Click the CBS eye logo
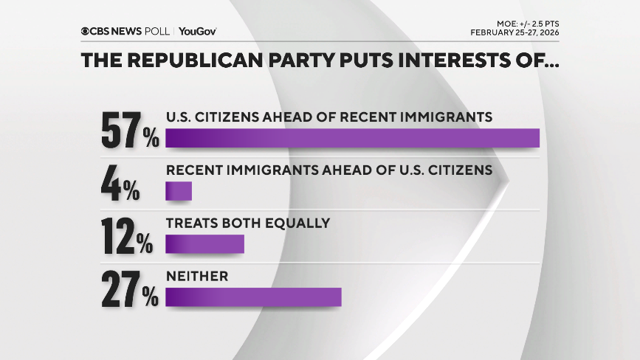pyautogui.click(x=86, y=31)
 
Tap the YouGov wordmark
pyautogui.click(x=197, y=31)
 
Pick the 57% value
pyautogui.click(x=130, y=131)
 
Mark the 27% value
pyautogui.click(x=130, y=291)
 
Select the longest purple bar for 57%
pyautogui.click(x=352, y=138)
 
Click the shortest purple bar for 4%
pyautogui.click(x=179, y=191)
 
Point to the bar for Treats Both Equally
pyautogui.click(x=204, y=244)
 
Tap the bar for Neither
pyautogui.click(x=253, y=297)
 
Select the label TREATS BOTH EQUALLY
pyautogui.click(x=247, y=223)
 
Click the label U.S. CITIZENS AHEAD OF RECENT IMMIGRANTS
pyautogui.click(x=328, y=117)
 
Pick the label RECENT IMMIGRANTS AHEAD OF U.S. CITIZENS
pyautogui.click(x=328, y=170)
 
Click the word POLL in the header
pyautogui.click(x=158, y=31)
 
